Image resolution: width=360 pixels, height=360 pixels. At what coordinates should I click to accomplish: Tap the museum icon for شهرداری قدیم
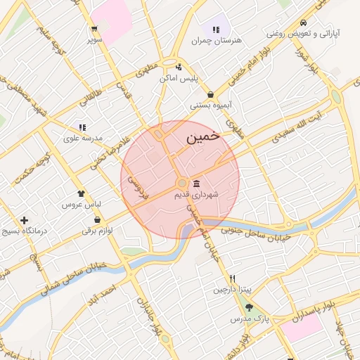click(x=195, y=184)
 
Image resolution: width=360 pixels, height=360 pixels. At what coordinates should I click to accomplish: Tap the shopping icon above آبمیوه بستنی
click(x=211, y=95)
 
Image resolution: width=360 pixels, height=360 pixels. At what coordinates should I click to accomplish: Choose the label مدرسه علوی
click(x=83, y=138)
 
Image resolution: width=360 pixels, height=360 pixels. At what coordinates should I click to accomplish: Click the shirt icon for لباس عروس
click(x=82, y=193)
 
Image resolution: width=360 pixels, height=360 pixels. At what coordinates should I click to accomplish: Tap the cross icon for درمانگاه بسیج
click(x=25, y=221)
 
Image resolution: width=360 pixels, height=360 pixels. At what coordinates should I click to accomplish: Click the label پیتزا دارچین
click(x=232, y=289)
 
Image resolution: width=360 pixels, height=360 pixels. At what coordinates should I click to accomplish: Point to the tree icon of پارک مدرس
click(x=249, y=307)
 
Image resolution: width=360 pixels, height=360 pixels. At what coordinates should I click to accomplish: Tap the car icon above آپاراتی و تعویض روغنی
click(x=303, y=22)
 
